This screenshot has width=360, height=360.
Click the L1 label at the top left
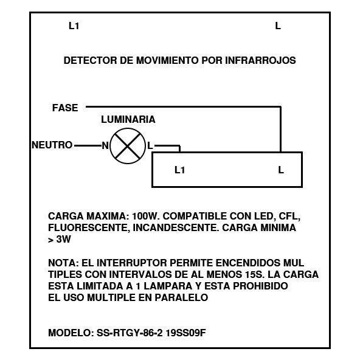click(74, 26)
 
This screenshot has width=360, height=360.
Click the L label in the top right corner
click(278, 26)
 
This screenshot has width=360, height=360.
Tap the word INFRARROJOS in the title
click(260, 60)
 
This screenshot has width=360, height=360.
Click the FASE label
click(65, 108)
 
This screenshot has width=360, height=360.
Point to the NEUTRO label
click(52, 145)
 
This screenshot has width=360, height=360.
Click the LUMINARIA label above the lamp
click(128, 119)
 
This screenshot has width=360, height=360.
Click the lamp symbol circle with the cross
click(128, 146)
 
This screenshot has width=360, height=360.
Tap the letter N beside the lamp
click(105, 145)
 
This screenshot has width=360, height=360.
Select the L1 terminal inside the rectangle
click(180, 170)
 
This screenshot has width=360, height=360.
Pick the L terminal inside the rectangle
click(281, 170)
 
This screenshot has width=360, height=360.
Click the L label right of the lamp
click(150, 145)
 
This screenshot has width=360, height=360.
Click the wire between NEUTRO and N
click(88, 145)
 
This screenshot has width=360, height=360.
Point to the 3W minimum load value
click(64, 240)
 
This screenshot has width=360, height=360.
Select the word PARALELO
click(181, 297)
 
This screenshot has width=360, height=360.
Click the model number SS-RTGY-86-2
click(130, 333)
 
